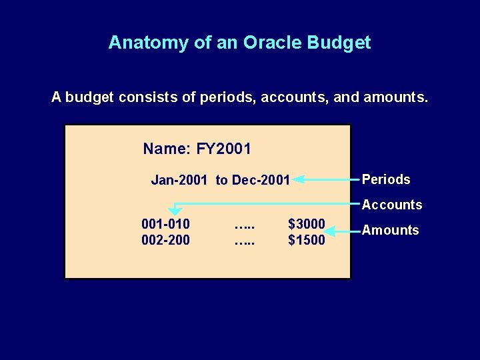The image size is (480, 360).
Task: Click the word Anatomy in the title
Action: click(142, 43)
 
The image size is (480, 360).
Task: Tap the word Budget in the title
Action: click(339, 43)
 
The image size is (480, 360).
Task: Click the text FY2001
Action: click(224, 149)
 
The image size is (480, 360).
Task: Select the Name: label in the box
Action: click(167, 149)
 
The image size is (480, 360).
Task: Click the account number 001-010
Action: click(165, 224)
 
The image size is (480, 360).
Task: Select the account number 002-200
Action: click(165, 239)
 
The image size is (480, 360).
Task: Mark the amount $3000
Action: click(306, 224)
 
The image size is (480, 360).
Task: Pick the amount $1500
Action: click(306, 239)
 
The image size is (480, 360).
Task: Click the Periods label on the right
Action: click(386, 180)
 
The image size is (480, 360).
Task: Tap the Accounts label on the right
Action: click(392, 205)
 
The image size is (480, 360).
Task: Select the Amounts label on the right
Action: click(390, 231)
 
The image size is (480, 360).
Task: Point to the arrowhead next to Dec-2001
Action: click(299, 179)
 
